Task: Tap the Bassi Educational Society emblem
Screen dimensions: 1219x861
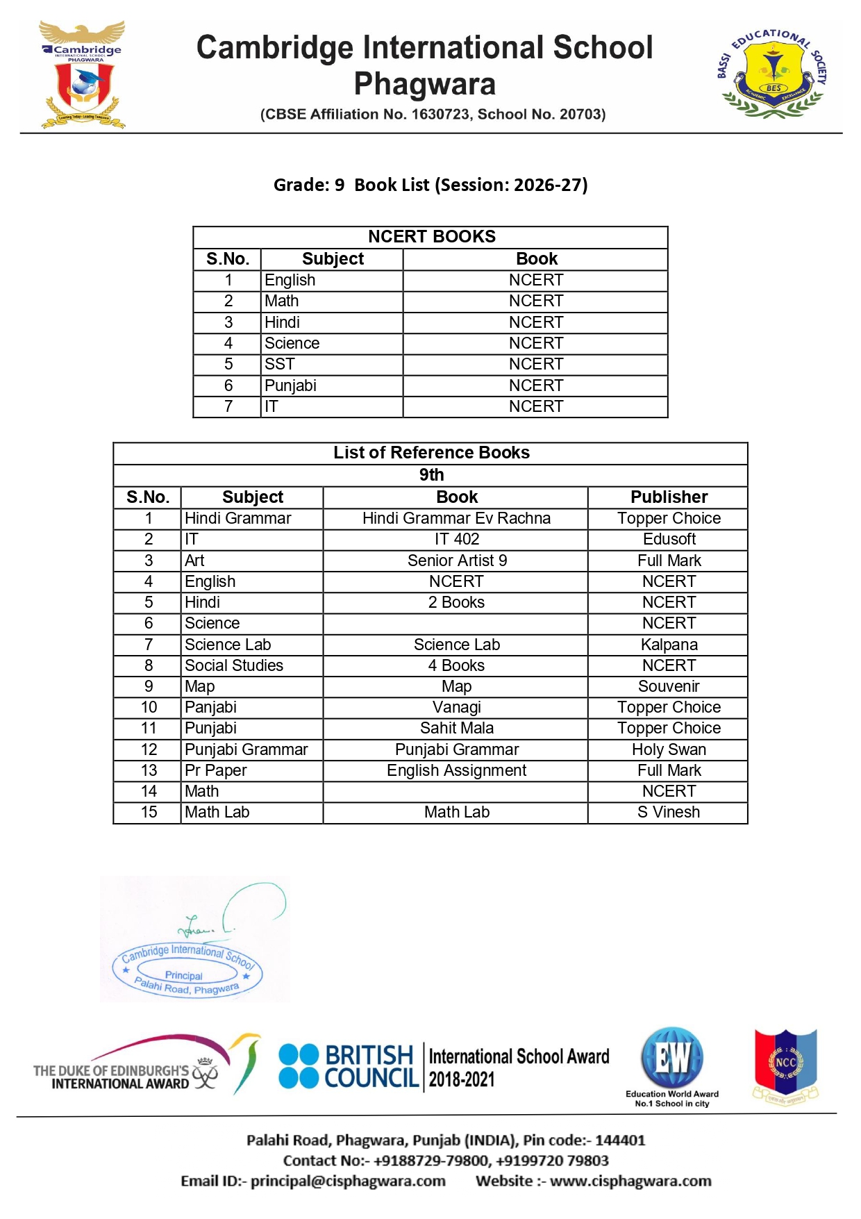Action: pos(772,74)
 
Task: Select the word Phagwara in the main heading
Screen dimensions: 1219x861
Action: pos(424,84)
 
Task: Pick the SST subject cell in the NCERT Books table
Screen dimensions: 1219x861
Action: pos(280,364)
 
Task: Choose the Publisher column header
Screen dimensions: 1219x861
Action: pos(669,497)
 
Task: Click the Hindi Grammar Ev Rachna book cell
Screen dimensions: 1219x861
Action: pos(456,518)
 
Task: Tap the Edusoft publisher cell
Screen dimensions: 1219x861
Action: pos(669,539)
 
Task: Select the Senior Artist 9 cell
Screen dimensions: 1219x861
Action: pos(457,561)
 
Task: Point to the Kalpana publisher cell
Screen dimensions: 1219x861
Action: pos(669,645)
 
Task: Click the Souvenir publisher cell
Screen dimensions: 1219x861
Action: pos(669,686)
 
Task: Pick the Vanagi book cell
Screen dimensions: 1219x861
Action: pos(456,707)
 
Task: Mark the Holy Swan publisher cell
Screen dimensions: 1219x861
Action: pos(669,749)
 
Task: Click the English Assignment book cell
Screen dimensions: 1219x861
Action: pos(456,770)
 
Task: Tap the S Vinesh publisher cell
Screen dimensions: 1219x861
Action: pos(669,812)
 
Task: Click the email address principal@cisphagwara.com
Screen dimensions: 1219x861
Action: pos(348,1181)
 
